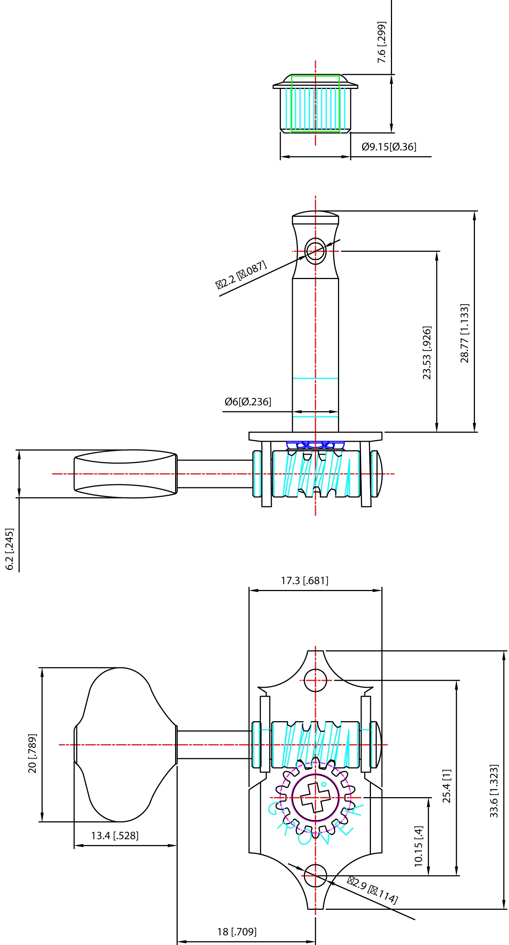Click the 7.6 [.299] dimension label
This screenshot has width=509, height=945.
click(x=382, y=42)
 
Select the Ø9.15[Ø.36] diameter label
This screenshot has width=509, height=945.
click(x=389, y=147)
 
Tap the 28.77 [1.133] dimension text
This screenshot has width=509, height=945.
click(x=465, y=333)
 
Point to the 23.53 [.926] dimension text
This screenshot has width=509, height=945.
click(x=427, y=352)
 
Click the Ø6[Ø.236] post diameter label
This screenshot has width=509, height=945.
click(x=248, y=402)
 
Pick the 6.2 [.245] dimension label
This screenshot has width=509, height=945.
click(x=10, y=549)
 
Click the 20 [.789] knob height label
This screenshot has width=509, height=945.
click(x=33, y=753)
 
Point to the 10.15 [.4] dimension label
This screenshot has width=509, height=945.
click(x=419, y=846)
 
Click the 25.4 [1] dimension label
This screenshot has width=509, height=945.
click(x=447, y=786)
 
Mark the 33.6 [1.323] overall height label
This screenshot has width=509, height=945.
click(x=495, y=791)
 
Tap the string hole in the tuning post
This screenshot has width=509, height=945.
click(x=315, y=251)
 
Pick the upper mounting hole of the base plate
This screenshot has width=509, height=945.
click(x=315, y=680)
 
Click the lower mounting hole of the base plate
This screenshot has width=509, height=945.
click(x=315, y=875)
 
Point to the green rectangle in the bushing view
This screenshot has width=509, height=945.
click(x=315, y=104)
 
